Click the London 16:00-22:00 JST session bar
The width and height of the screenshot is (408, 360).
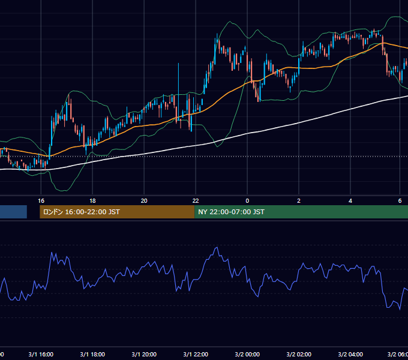117,212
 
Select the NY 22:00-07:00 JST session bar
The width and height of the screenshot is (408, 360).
301,212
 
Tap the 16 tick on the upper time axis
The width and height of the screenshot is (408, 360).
41,201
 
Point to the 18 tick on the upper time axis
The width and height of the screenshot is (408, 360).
92,201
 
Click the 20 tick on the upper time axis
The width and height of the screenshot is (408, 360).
144,201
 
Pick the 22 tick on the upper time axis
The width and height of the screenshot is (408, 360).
196,201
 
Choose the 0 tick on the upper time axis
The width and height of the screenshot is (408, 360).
247,201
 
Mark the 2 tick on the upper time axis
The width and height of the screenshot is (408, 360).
299,201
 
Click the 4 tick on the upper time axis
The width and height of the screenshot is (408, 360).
350,201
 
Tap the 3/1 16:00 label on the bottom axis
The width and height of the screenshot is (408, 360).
41,354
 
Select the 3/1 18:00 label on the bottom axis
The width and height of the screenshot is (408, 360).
92,354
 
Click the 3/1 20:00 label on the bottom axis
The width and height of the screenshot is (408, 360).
144,354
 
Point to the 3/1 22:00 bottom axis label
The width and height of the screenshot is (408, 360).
196,354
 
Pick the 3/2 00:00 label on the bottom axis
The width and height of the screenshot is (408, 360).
247,354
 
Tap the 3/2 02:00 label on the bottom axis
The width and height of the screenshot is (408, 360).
299,354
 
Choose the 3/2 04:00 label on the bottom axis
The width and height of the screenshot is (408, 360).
350,354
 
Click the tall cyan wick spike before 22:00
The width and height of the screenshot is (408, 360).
179,88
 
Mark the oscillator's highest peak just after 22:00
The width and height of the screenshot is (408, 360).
217,247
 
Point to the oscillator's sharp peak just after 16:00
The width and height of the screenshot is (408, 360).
52,253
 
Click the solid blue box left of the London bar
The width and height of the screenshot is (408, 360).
13,212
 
